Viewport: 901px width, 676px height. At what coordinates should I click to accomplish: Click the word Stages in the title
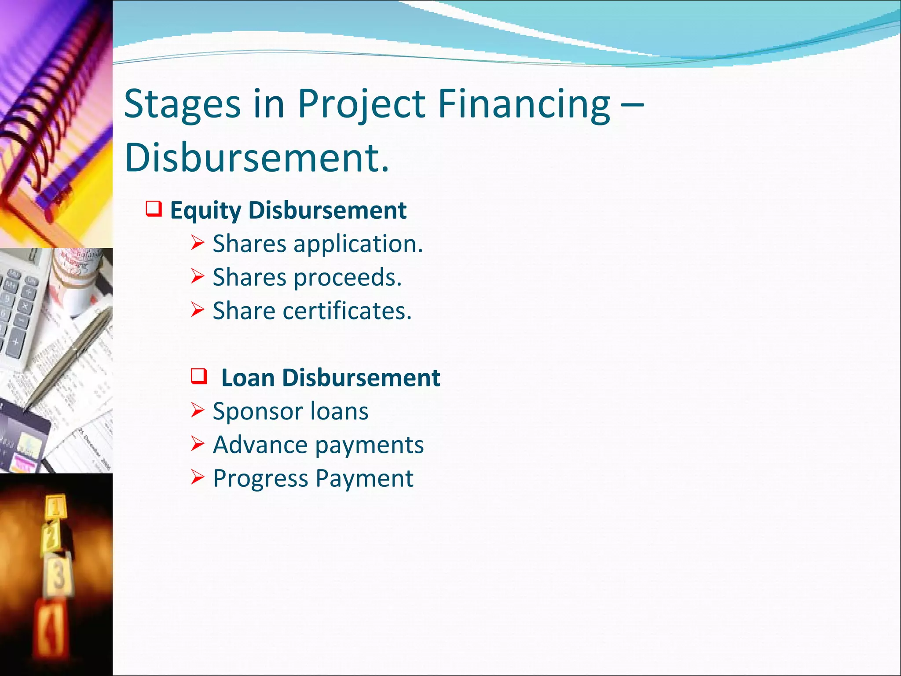(x=182, y=105)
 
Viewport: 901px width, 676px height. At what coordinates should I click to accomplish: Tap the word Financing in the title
(x=524, y=105)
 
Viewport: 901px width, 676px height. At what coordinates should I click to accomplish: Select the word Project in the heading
(x=361, y=105)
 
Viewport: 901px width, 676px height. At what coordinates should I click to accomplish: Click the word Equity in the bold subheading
(x=205, y=210)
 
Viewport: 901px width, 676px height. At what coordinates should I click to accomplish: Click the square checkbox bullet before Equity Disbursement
(x=154, y=208)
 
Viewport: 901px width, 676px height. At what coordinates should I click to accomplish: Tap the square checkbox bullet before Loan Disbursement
(x=199, y=375)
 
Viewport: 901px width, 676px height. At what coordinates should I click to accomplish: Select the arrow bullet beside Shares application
(x=198, y=243)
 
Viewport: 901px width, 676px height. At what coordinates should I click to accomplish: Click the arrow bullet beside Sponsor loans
(x=198, y=410)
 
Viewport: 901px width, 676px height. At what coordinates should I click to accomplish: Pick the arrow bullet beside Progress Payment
(x=198, y=478)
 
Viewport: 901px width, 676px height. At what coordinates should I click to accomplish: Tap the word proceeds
(x=348, y=278)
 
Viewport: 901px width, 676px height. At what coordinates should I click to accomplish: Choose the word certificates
(x=347, y=311)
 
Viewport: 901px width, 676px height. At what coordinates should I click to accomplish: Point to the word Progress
(x=260, y=479)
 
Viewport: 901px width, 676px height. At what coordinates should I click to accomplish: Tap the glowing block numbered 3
(x=59, y=574)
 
